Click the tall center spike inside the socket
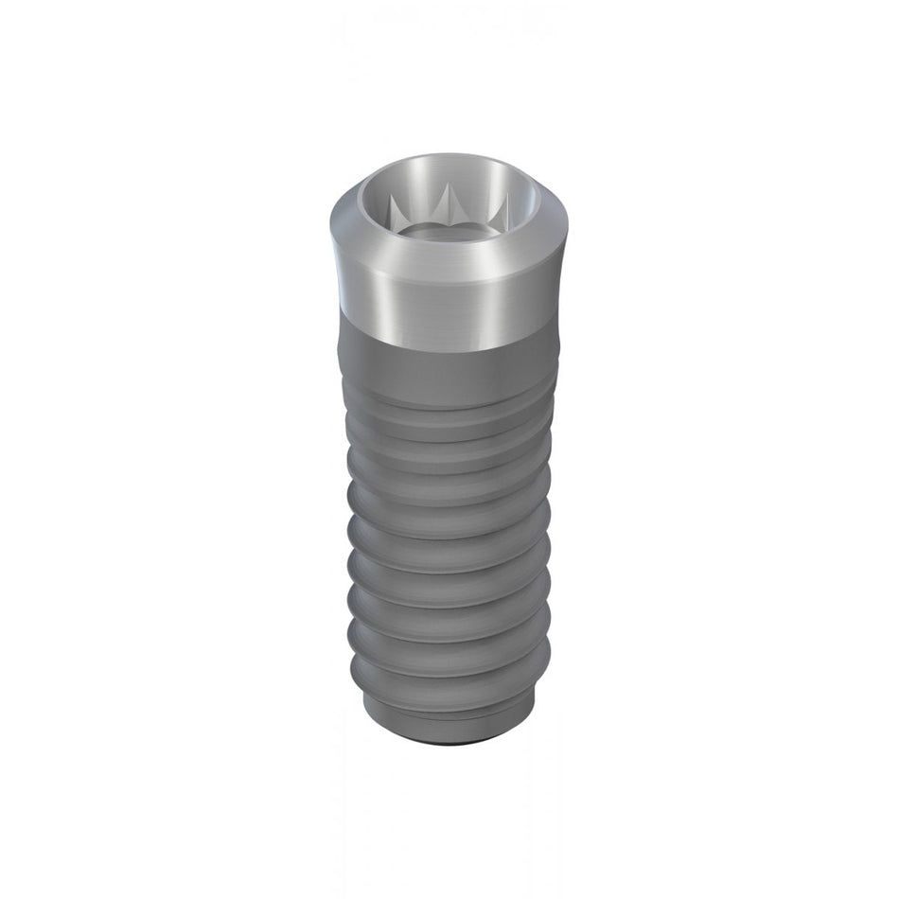445,201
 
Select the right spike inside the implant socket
501,205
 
